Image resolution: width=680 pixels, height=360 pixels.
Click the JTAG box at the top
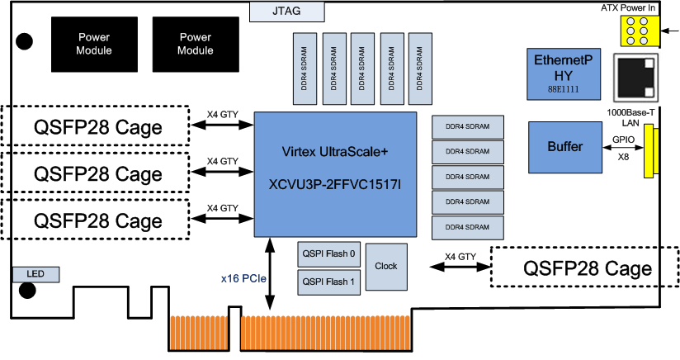point(286,12)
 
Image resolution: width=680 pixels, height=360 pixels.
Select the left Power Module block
point(95,44)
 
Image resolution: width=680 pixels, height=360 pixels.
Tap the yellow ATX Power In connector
point(637,33)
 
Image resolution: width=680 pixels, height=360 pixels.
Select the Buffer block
point(565,147)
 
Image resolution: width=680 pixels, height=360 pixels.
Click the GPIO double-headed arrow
point(623,149)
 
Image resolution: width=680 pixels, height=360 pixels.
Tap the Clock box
point(385,266)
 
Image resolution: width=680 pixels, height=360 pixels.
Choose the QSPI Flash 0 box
point(328,254)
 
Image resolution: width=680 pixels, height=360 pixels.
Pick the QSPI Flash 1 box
point(328,282)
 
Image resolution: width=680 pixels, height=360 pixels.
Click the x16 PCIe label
point(243,279)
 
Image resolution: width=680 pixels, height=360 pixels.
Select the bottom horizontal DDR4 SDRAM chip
point(467,226)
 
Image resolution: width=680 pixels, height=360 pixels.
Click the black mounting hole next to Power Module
point(26,40)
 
